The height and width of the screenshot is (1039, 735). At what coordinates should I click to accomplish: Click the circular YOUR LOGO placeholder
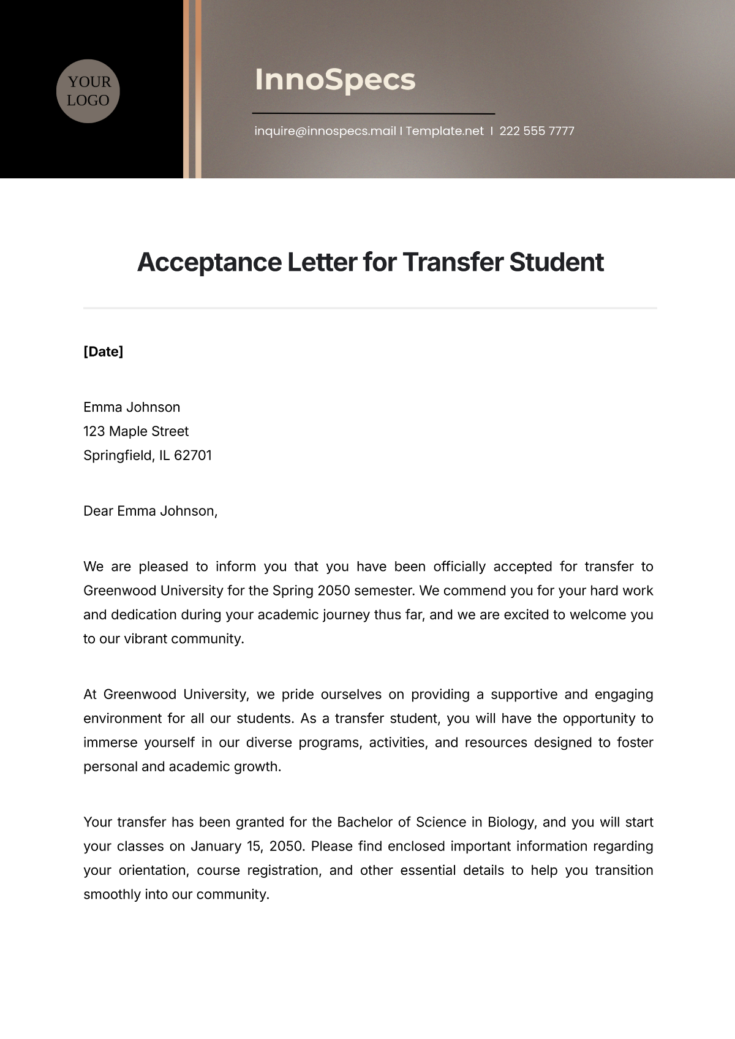click(x=88, y=91)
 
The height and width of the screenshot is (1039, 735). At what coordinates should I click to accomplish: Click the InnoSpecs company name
click(x=335, y=80)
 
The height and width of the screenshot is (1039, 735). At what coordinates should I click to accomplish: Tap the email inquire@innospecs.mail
click(x=325, y=131)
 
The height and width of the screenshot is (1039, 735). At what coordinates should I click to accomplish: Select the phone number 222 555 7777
click(x=537, y=131)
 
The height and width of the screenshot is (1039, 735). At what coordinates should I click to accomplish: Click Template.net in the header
click(x=445, y=131)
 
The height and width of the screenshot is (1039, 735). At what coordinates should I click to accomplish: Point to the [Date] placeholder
click(x=103, y=352)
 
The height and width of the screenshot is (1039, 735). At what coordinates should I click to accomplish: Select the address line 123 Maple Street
click(x=136, y=431)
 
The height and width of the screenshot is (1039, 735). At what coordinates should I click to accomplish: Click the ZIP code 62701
click(x=193, y=456)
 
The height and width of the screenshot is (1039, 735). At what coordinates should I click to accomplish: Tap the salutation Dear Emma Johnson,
click(x=151, y=511)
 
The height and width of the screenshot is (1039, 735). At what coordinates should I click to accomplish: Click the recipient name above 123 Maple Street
click(x=132, y=407)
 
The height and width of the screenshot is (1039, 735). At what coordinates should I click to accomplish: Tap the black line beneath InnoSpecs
click(x=374, y=113)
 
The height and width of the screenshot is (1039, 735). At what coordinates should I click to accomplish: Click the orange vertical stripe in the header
click(x=198, y=89)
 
